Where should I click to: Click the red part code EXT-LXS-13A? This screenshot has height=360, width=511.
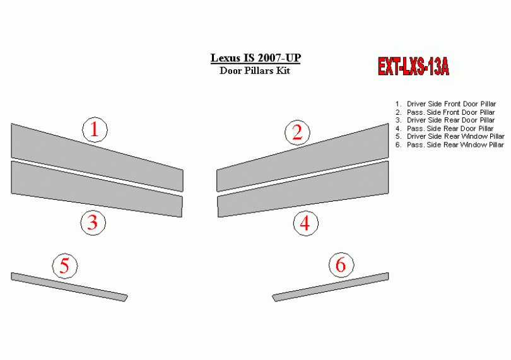click(413, 67)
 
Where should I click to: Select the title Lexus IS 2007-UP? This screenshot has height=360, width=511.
click(255, 58)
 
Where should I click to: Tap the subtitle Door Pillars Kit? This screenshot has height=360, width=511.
click(255, 71)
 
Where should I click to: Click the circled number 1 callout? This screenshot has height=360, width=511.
click(95, 130)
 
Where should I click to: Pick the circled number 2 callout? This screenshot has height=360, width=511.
click(297, 132)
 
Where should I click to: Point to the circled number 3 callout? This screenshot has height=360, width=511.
click(93, 223)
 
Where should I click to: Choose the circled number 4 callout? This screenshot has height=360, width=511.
click(306, 223)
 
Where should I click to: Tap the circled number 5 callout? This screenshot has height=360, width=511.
click(65, 266)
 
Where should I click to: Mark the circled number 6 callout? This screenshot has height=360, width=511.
click(341, 265)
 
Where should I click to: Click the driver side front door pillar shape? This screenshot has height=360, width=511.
click(97, 158)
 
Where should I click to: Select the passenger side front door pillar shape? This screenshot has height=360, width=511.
click(302, 158)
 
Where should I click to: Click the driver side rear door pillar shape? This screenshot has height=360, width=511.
click(97, 190)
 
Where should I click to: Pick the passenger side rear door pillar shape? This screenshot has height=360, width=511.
click(303, 190)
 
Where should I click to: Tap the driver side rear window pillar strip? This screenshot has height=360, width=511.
click(69, 287)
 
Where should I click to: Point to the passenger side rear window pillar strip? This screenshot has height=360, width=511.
click(330, 287)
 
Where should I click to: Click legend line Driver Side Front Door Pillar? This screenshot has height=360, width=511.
click(445, 104)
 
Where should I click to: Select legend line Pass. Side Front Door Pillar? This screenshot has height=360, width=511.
click(445, 112)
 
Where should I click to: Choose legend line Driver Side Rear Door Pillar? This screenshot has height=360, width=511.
click(445, 120)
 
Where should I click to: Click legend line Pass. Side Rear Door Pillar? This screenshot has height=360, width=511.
click(445, 129)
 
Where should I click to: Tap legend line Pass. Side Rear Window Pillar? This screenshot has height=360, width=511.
click(450, 144)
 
